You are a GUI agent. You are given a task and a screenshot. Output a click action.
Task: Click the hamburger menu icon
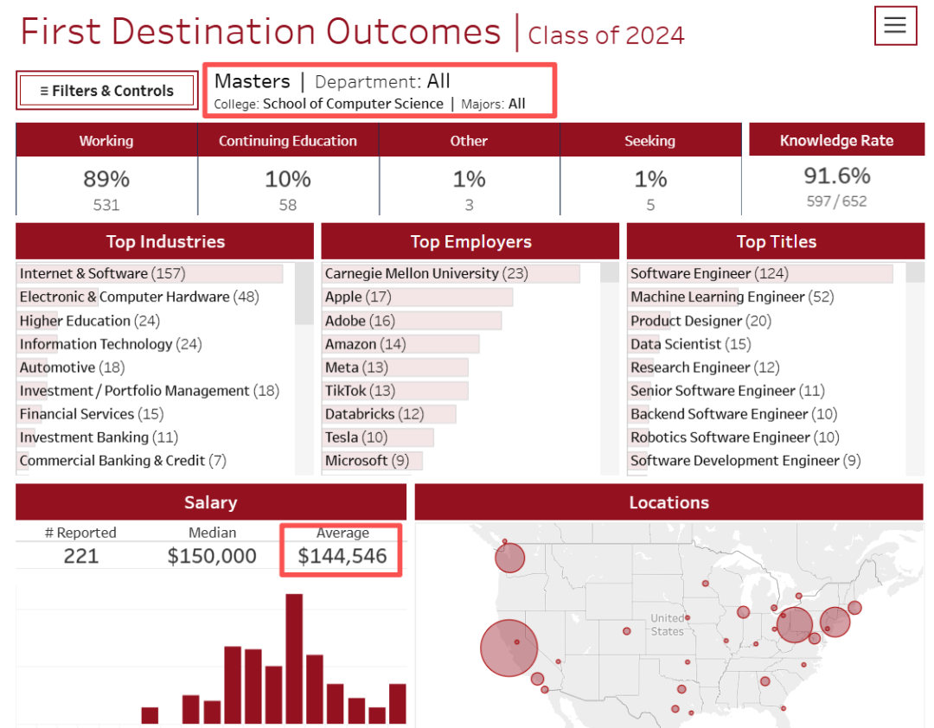(x=895, y=25)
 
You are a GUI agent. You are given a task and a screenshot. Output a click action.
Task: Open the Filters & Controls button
(x=107, y=91)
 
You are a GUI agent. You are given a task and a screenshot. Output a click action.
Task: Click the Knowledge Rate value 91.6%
(x=836, y=176)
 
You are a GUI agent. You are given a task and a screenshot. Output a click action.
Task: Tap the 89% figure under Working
(x=106, y=179)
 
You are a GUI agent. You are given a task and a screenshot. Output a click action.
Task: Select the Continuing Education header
(x=287, y=141)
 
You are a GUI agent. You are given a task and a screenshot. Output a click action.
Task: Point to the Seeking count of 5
(x=650, y=205)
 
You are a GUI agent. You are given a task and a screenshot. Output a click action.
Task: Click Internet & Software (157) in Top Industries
(x=102, y=273)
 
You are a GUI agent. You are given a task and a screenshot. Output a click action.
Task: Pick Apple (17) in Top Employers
(x=358, y=297)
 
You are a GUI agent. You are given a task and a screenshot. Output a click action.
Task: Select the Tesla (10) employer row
(x=356, y=437)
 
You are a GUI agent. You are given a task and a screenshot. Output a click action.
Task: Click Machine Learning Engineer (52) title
(x=732, y=297)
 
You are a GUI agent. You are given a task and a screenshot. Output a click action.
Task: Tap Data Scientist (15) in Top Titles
(x=690, y=344)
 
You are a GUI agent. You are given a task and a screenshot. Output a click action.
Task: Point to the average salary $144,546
(x=342, y=556)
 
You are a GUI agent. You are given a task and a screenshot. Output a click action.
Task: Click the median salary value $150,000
(x=212, y=556)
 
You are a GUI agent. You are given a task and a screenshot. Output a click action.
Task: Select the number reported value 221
(x=81, y=556)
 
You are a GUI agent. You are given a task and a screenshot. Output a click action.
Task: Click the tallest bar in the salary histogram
(x=294, y=658)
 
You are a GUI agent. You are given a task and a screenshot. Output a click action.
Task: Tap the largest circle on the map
(x=509, y=648)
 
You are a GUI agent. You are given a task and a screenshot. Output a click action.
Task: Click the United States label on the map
(x=667, y=624)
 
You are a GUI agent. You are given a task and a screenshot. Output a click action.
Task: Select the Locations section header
(x=669, y=502)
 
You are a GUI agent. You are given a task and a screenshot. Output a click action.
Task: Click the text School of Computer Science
(x=353, y=104)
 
